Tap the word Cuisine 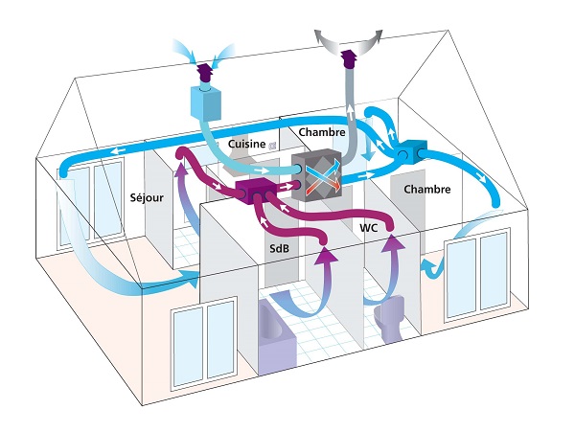point(246,143)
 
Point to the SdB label point(279,246)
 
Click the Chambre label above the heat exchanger point(321,130)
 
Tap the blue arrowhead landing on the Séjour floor point(193,280)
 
